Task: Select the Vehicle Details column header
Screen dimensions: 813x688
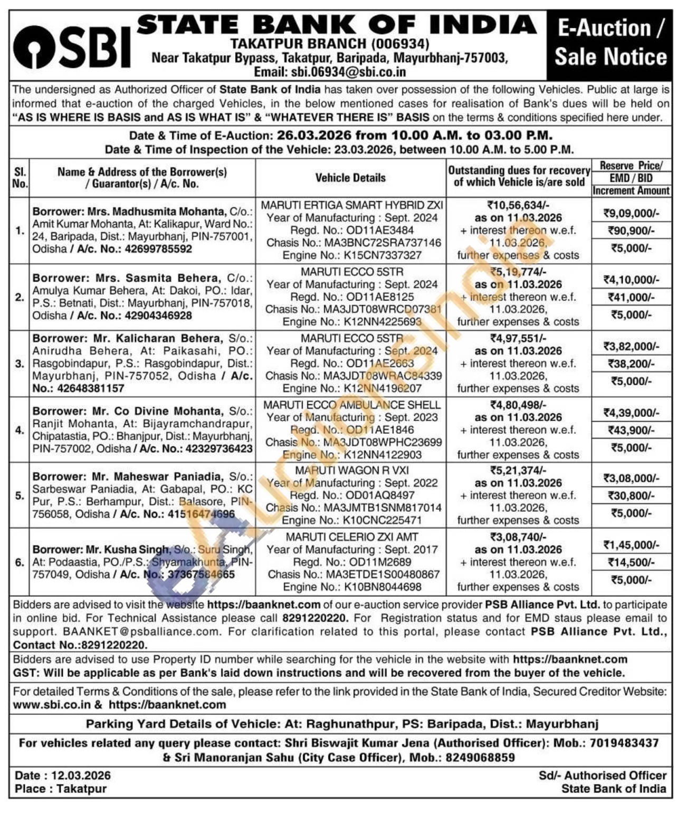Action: (x=350, y=178)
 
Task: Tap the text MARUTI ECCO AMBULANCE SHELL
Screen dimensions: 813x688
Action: (x=352, y=405)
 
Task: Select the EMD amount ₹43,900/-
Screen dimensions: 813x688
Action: (x=631, y=430)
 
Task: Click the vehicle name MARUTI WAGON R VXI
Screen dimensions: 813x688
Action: (x=352, y=470)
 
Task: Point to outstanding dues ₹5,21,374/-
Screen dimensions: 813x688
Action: (x=518, y=470)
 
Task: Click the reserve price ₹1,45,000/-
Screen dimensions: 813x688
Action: (x=631, y=544)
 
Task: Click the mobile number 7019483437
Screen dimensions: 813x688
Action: (x=624, y=743)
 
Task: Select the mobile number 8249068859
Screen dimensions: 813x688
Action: (x=480, y=757)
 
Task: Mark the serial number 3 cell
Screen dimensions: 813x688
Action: (x=20, y=364)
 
